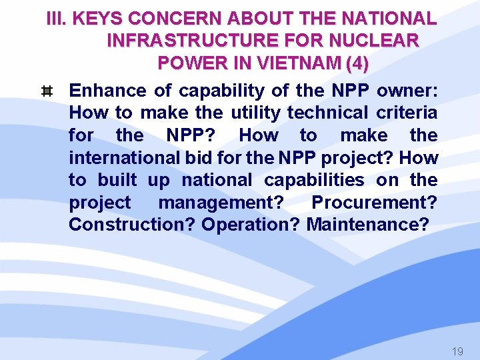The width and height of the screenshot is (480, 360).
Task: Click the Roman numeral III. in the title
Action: tap(57, 19)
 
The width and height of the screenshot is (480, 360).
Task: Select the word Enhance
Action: tap(107, 91)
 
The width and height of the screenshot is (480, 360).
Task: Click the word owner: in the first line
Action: tap(407, 91)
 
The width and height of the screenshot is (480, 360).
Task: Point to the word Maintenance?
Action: tap(367, 225)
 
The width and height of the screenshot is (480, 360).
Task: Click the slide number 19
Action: tap(457, 351)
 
